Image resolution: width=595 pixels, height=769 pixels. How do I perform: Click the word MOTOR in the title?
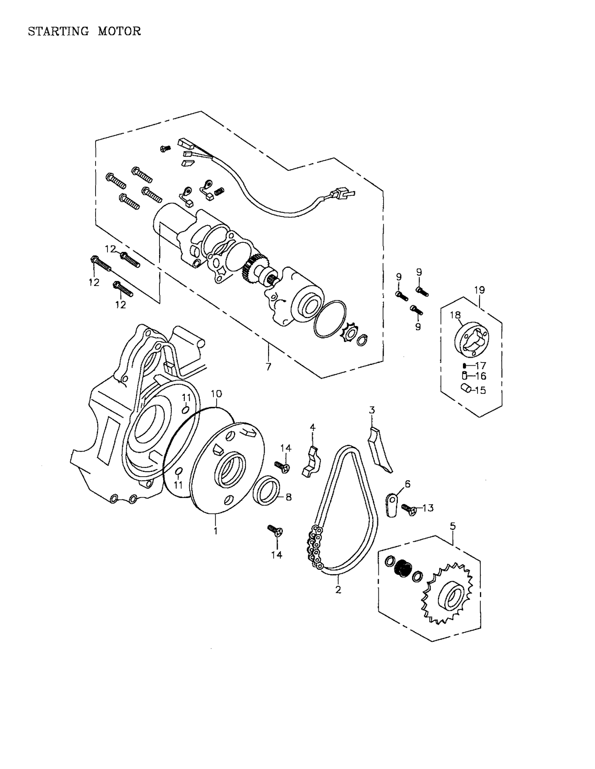point(119,31)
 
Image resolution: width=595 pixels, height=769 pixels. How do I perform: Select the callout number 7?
point(269,366)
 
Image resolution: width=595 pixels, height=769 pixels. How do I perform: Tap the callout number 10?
point(216,393)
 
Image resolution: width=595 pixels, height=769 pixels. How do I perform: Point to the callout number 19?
point(480,290)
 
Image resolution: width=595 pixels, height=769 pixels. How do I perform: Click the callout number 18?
point(455,315)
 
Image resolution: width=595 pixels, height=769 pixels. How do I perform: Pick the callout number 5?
point(453,526)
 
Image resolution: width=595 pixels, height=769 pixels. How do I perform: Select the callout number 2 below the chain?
point(338,590)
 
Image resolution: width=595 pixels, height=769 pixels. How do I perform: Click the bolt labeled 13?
point(409,508)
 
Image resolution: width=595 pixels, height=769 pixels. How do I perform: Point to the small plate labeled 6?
point(392,505)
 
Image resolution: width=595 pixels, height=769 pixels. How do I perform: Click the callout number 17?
point(481,365)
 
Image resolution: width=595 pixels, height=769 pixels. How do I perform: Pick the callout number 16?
point(481,376)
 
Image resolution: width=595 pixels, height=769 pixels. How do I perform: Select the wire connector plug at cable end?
point(344,195)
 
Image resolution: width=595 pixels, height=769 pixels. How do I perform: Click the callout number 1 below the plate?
point(215,530)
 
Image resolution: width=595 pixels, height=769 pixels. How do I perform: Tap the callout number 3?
point(372,410)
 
